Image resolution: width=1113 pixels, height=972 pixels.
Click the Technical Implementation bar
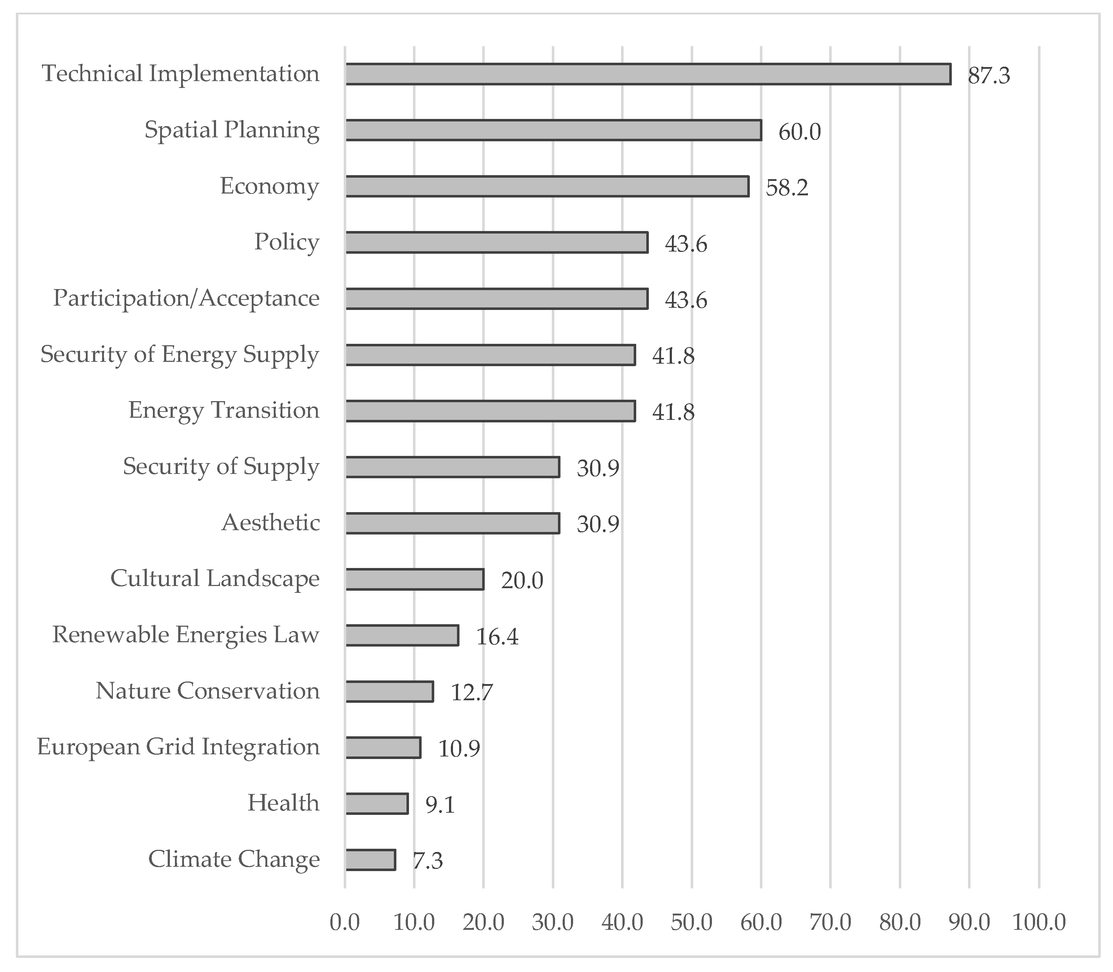(648, 74)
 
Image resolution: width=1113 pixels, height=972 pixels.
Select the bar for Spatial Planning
(554, 130)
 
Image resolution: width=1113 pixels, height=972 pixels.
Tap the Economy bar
(547, 187)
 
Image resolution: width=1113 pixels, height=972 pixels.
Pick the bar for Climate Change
(371, 860)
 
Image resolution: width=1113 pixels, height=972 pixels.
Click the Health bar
(377, 804)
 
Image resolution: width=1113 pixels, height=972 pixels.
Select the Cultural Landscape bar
(415, 579)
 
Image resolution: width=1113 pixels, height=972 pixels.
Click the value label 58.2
(787, 188)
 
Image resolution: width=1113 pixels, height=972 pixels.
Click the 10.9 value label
(459, 749)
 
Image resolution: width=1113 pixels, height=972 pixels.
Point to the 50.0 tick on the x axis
(691, 922)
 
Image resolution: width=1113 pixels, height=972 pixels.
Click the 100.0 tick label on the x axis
(1039, 922)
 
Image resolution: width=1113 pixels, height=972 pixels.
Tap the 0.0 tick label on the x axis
(344, 922)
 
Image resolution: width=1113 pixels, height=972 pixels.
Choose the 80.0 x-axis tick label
(900, 922)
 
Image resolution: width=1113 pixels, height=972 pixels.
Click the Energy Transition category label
(224, 410)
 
